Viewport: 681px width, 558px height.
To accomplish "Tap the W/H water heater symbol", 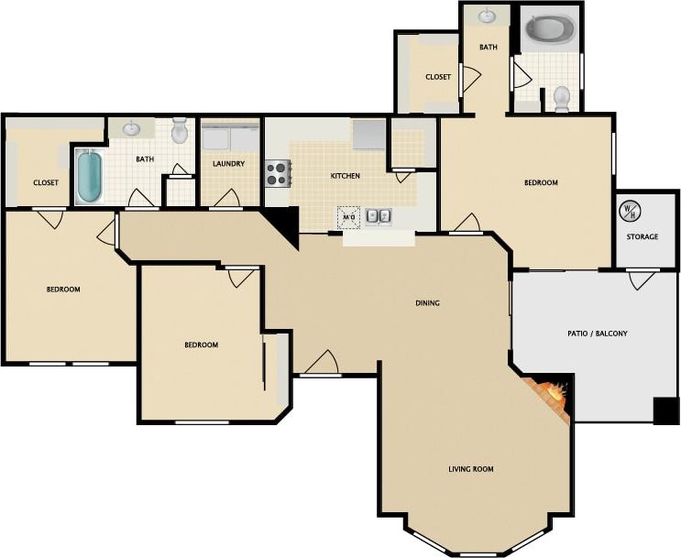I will tap(630, 210).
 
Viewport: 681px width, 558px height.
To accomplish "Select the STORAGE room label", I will tap(642, 236).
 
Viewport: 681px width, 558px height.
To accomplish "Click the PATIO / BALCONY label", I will tap(598, 334).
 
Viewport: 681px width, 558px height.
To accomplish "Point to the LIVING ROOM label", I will tap(470, 469).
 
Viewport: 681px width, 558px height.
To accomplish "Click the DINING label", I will tap(427, 303).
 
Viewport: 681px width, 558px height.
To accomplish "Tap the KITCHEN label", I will tap(345, 176).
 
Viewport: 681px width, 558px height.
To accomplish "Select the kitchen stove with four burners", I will tap(278, 172).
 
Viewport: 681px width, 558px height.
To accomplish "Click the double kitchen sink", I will tap(379, 217).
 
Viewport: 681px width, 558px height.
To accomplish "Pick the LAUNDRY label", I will tap(227, 164).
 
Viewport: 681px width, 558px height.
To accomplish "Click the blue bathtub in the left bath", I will tap(89, 176).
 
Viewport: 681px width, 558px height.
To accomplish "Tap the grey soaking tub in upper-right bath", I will tap(548, 30).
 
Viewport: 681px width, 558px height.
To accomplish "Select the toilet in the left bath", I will tap(180, 130).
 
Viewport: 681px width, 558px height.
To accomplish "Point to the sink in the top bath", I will tap(487, 16).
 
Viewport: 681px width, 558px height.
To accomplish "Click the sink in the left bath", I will tap(132, 128).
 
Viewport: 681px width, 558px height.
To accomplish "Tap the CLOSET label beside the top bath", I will tap(438, 77).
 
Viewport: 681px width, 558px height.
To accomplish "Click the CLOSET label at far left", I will tap(46, 182).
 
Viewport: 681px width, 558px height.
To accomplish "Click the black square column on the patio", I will tap(665, 410).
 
